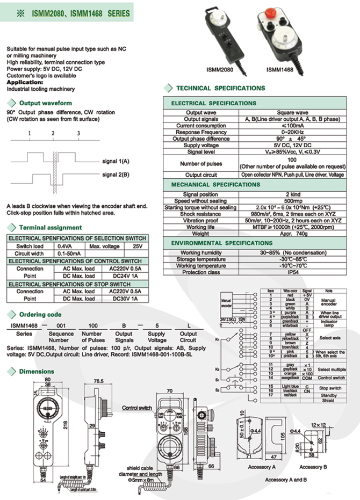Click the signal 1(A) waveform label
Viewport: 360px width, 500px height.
click(115, 161)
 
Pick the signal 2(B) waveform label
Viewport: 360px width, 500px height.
click(115, 175)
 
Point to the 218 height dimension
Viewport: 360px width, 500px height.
click(65, 424)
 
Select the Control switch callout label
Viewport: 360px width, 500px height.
click(137, 408)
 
